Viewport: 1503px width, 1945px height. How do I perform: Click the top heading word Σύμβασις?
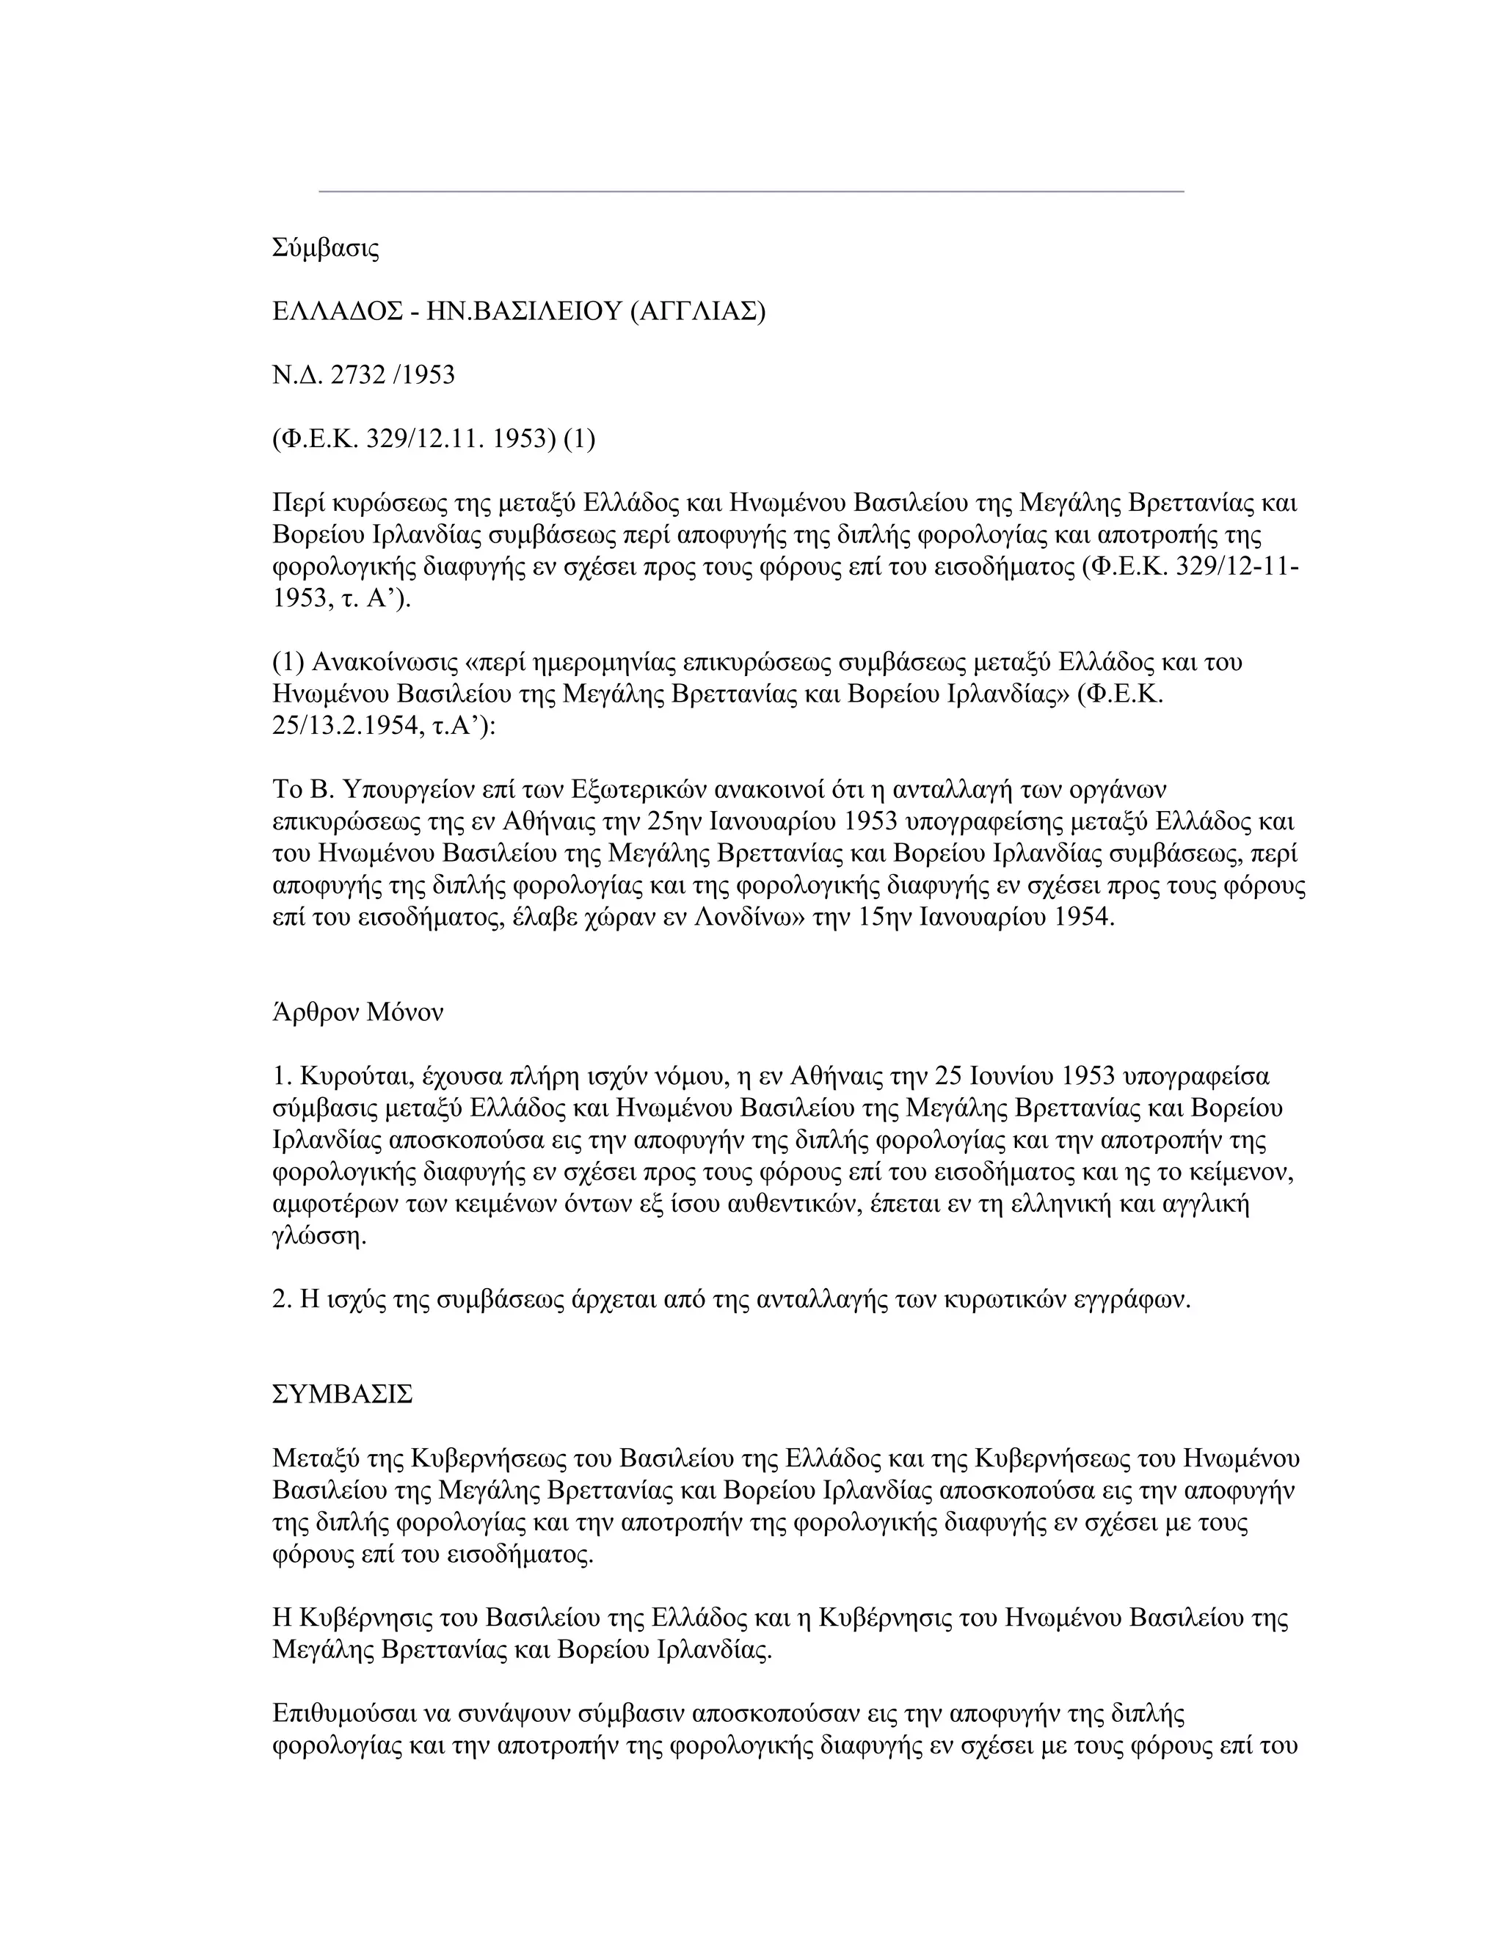point(325,249)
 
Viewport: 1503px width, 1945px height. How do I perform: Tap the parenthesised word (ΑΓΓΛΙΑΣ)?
point(697,312)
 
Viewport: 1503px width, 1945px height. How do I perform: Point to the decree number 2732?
point(356,375)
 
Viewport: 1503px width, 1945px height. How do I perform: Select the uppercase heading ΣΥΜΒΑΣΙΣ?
point(342,1395)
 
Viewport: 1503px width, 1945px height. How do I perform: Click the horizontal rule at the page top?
point(751,192)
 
